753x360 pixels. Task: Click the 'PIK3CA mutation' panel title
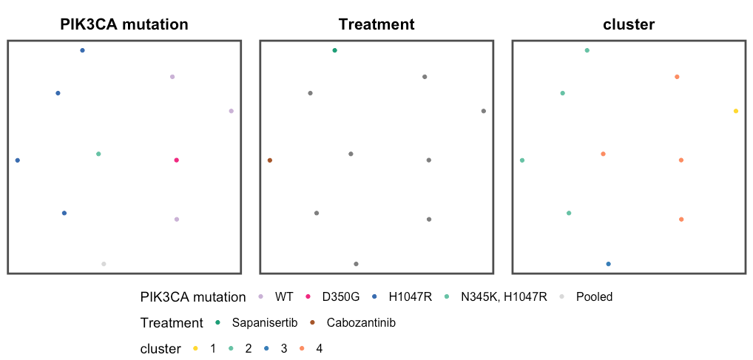pos(124,24)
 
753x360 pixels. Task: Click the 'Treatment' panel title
pos(376,24)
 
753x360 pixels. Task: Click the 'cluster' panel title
pos(629,24)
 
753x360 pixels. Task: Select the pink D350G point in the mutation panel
pos(176,160)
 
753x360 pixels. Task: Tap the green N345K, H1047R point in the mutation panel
pos(98,154)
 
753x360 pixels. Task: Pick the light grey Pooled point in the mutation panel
pos(104,264)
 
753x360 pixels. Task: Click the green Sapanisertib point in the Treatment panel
pos(335,50)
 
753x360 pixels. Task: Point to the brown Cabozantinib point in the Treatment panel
pos(270,160)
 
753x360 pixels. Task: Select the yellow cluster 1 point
pos(735,111)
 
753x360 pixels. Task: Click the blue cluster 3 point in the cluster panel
pos(608,264)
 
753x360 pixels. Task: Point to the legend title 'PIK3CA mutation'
pos(192,297)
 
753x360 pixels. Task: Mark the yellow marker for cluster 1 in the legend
pos(195,349)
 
